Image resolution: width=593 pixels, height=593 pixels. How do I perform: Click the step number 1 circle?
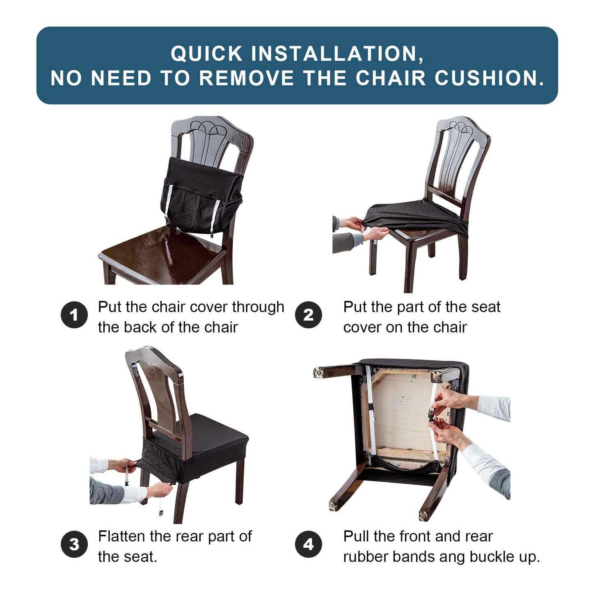pos(74,315)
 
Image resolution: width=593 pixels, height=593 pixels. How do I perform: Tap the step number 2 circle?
pos(308,315)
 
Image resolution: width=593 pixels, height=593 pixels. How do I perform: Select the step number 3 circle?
pos(74,545)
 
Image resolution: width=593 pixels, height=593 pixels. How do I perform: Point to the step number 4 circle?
pos(308,545)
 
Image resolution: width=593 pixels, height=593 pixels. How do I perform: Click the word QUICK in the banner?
pos(207,54)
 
